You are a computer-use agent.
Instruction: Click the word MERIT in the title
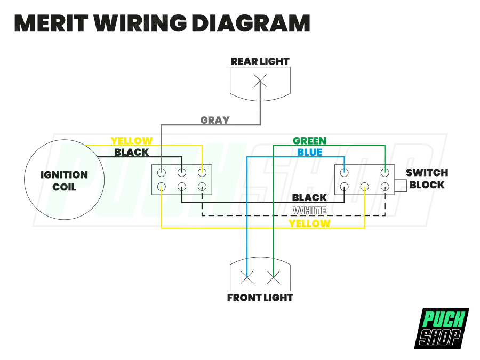(51, 23)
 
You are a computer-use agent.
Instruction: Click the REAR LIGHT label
(260, 61)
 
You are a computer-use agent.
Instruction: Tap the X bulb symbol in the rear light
(260, 81)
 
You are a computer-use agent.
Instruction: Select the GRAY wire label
(215, 120)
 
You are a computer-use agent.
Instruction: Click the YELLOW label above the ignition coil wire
(131, 141)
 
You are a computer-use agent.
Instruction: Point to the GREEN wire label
(309, 141)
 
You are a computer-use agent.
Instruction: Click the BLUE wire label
(309, 152)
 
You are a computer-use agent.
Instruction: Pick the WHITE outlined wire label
(309, 211)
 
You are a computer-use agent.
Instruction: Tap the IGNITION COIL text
(65, 181)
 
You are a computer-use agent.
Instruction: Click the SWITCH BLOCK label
(427, 179)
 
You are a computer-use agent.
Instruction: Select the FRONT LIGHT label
(260, 298)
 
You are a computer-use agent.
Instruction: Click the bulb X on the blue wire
(247, 278)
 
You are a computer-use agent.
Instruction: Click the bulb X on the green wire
(274, 278)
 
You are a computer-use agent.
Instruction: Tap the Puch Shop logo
(442, 328)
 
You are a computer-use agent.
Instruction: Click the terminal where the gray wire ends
(161, 173)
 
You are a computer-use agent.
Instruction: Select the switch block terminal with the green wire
(385, 173)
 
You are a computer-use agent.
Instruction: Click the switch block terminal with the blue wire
(345, 173)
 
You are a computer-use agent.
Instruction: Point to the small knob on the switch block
(401, 186)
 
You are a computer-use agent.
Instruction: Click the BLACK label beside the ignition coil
(131, 152)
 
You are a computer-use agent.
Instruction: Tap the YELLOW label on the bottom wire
(309, 223)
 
